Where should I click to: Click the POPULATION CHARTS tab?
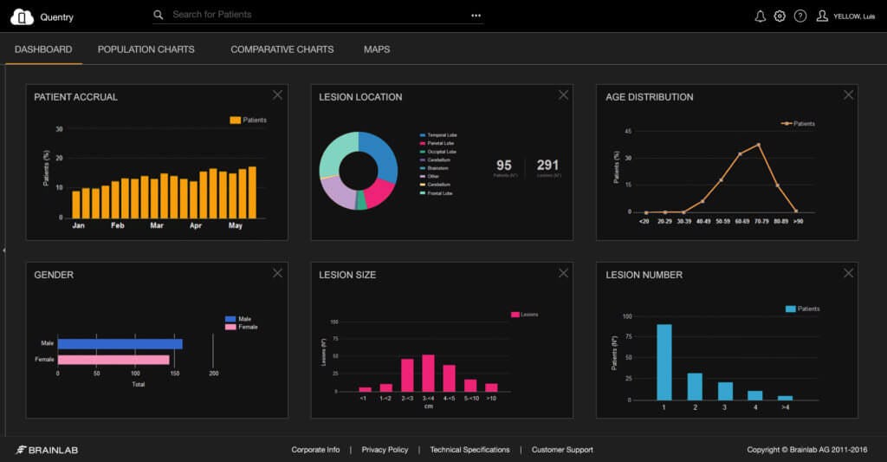pyautogui.click(x=146, y=49)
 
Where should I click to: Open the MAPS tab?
pyautogui.click(x=377, y=49)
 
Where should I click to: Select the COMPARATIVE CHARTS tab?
pyautogui.click(x=282, y=49)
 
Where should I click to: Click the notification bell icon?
pyautogui.click(x=761, y=16)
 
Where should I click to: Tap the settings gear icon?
pyautogui.click(x=780, y=16)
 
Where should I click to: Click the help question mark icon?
pyautogui.click(x=800, y=16)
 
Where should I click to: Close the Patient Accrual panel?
pyautogui.click(x=277, y=95)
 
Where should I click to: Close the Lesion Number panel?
pyautogui.click(x=848, y=273)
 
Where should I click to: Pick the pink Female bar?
pyautogui.click(x=113, y=359)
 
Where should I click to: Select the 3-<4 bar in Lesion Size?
pyautogui.click(x=428, y=373)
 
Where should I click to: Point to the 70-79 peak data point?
pyautogui.click(x=759, y=145)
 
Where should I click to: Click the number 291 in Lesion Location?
pyautogui.click(x=547, y=165)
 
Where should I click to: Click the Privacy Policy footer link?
pyautogui.click(x=385, y=450)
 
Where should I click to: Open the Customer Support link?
pyautogui.click(x=562, y=450)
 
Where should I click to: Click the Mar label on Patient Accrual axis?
pyautogui.click(x=157, y=225)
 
